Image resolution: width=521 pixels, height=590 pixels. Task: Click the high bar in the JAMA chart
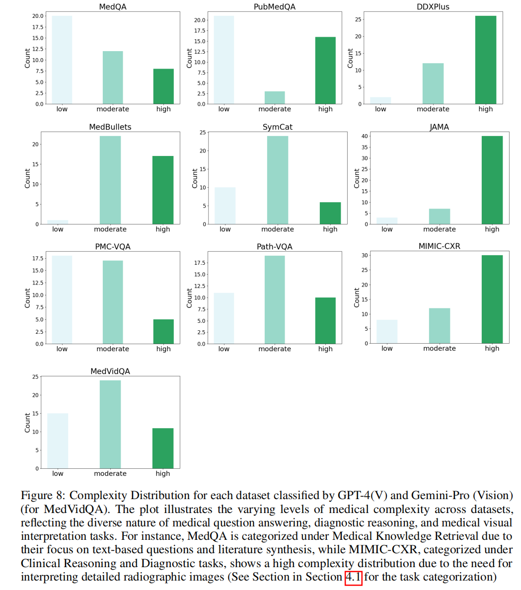tap(492, 180)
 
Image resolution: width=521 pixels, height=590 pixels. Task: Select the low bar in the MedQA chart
tap(62, 60)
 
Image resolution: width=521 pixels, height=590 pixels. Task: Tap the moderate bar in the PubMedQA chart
tap(275, 97)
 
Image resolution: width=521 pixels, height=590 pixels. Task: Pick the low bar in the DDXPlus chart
tap(380, 100)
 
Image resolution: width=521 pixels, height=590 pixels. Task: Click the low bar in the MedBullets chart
tap(58, 222)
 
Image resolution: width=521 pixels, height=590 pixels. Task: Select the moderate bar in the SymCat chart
tap(278, 180)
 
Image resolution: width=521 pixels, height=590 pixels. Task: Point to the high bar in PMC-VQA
tap(163, 331)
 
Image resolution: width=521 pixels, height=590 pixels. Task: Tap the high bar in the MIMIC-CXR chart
tap(492, 299)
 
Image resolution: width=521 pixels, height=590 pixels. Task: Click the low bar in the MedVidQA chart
tap(58, 441)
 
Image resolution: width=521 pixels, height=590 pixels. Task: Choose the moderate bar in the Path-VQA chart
tap(275, 299)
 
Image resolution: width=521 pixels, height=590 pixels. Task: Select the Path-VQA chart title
tap(275, 246)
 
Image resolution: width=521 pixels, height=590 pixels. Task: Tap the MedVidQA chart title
tap(110, 371)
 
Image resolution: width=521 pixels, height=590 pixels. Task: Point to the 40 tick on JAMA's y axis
tap(364, 136)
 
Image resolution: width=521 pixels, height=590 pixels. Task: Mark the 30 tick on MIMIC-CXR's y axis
tap(364, 255)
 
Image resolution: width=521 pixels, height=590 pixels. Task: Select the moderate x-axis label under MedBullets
tap(110, 229)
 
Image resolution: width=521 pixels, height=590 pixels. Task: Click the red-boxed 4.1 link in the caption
tap(353, 577)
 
